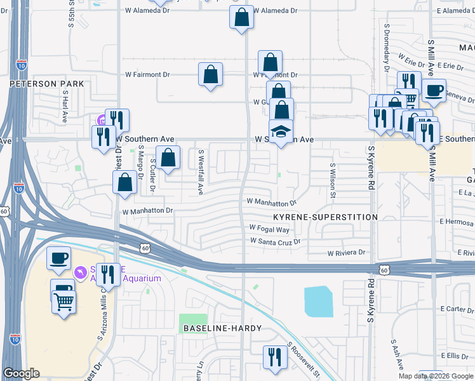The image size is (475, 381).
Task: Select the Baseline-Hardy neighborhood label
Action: click(x=218, y=328)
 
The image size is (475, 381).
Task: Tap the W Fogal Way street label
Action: click(x=269, y=229)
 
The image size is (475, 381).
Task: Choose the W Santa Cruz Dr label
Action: click(x=275, y=241)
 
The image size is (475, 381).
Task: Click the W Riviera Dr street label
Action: click(x=346, y=253)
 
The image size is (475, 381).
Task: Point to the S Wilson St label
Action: click(x=331, y=180)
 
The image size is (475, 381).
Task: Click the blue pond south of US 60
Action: click(x=318, y=302)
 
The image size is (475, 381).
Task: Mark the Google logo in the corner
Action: click(x=21, y=373)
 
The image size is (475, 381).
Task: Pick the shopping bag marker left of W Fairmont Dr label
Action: click(x=210, y=74)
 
